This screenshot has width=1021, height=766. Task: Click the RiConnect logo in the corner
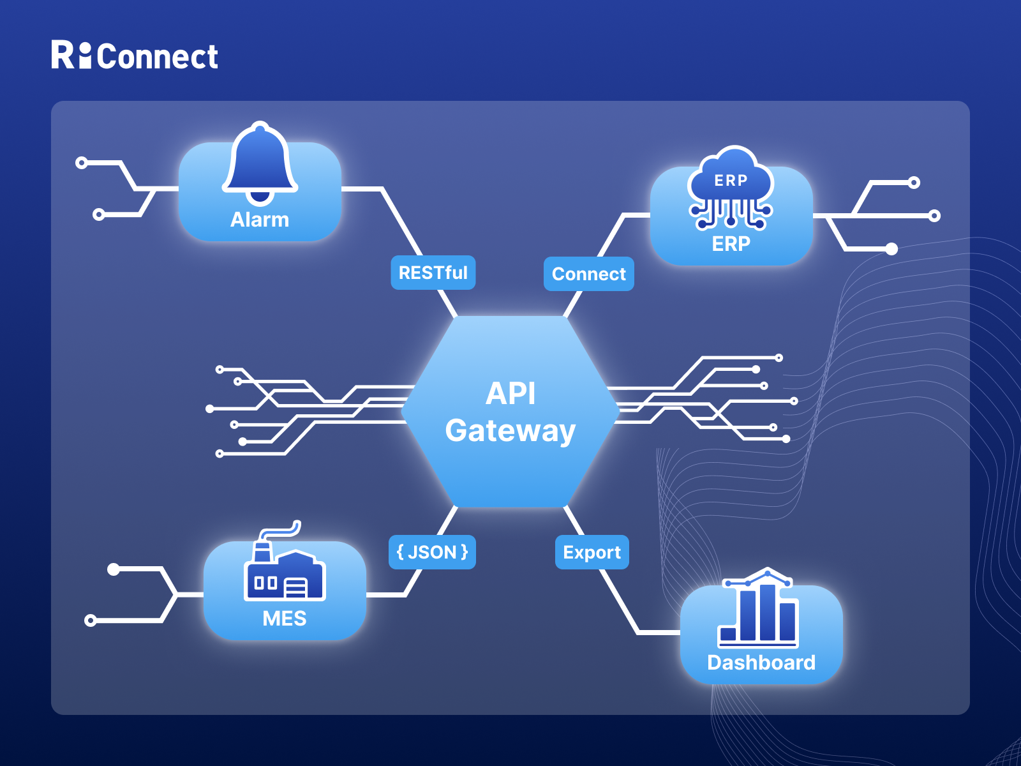(135, 56)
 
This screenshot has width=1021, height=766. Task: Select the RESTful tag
(433, 273)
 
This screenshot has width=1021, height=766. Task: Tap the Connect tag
(588, 274)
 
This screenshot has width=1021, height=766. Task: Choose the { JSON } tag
(432, 552)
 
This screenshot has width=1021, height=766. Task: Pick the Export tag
(592, 552)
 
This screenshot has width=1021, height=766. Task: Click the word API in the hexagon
(511, 393)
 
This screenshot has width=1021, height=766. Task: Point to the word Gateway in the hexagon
(511, 430)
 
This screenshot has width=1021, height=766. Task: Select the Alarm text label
(260, 220)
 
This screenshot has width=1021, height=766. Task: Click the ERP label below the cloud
(731, 244)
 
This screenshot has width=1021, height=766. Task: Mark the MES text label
(285, 619)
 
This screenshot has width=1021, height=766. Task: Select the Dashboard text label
(761, 663)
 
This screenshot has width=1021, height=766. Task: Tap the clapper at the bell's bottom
(260, 197)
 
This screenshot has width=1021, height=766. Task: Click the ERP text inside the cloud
(731, 181)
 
